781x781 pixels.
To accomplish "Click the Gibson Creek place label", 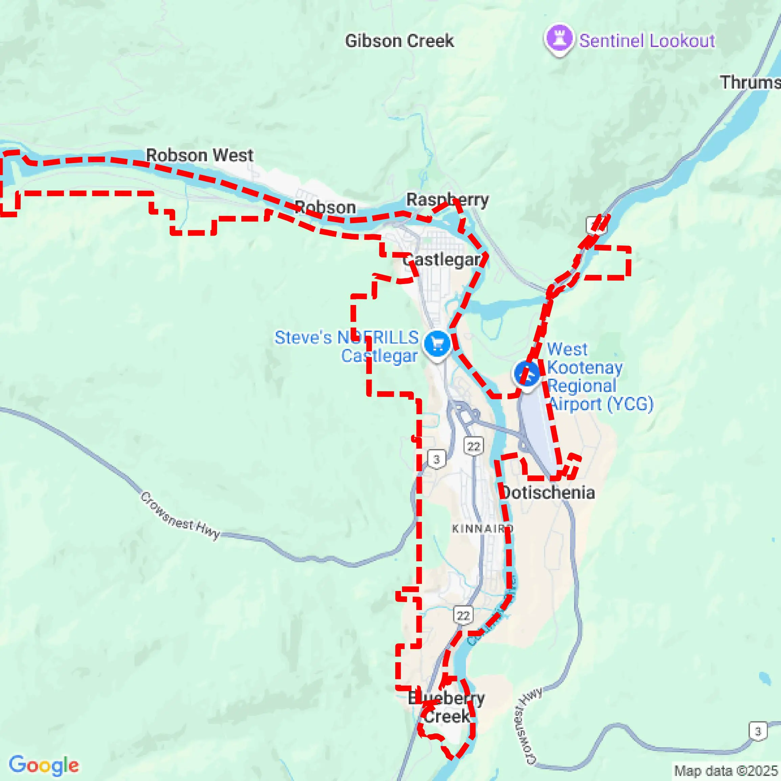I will (399, 41).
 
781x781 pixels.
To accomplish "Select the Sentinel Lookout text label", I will (647, 41).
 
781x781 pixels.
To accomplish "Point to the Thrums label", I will (750, 82).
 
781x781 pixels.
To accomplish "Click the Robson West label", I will (200, 155).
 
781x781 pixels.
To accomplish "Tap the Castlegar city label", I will (442, 260).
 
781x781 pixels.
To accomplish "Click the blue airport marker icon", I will (527, 374).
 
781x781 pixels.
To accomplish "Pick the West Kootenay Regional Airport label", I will (600, 377).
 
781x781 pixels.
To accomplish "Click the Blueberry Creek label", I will (446, 707).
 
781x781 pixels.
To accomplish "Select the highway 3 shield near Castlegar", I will (436, 459).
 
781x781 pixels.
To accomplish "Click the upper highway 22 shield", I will (473, 446).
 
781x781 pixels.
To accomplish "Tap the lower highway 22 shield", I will (463, 616).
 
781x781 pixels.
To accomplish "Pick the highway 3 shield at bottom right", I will (758, 731).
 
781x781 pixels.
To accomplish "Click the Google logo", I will (44, 765).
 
